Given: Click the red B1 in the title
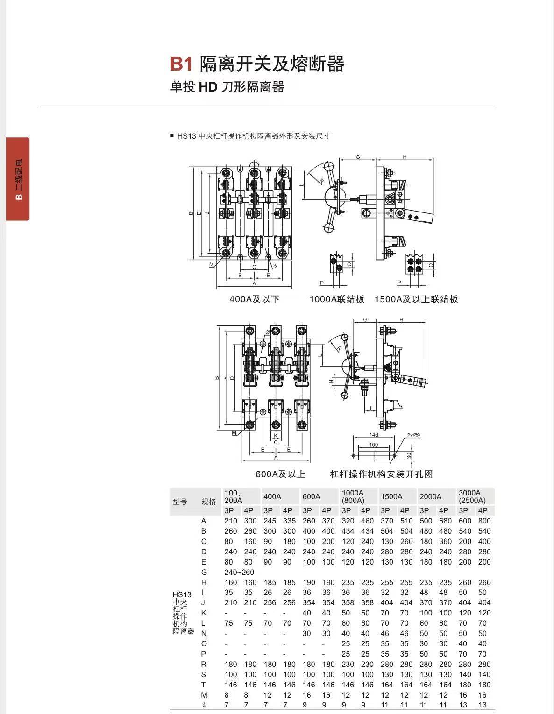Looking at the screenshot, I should point(181,64).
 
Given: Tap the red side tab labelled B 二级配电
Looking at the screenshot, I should point(18,178).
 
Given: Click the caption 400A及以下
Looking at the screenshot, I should point(254,299).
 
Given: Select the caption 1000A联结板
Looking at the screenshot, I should point(337,299).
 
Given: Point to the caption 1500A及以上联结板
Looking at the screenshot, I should point(416,299).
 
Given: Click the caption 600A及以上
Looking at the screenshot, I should point(280,474).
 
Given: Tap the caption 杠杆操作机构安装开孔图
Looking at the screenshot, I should point(381,474).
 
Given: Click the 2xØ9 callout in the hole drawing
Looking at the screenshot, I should point(413,435).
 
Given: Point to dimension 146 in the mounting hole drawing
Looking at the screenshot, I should point(374,435).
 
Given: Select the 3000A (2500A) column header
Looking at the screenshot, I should point(472,496).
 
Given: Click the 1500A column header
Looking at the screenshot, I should point(391,496).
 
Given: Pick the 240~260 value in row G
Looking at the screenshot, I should point(239,572).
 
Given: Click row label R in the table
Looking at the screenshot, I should point(204,664).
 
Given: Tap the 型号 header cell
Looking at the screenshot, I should point(180,502).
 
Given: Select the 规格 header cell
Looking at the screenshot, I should point(208,502).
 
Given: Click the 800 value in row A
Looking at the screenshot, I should point(484,521).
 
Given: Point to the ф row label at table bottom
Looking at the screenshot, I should point(204,705).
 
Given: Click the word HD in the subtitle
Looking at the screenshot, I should point(208,87).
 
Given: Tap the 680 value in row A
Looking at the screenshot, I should point(445,521).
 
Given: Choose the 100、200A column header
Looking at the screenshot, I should point(234,496).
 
